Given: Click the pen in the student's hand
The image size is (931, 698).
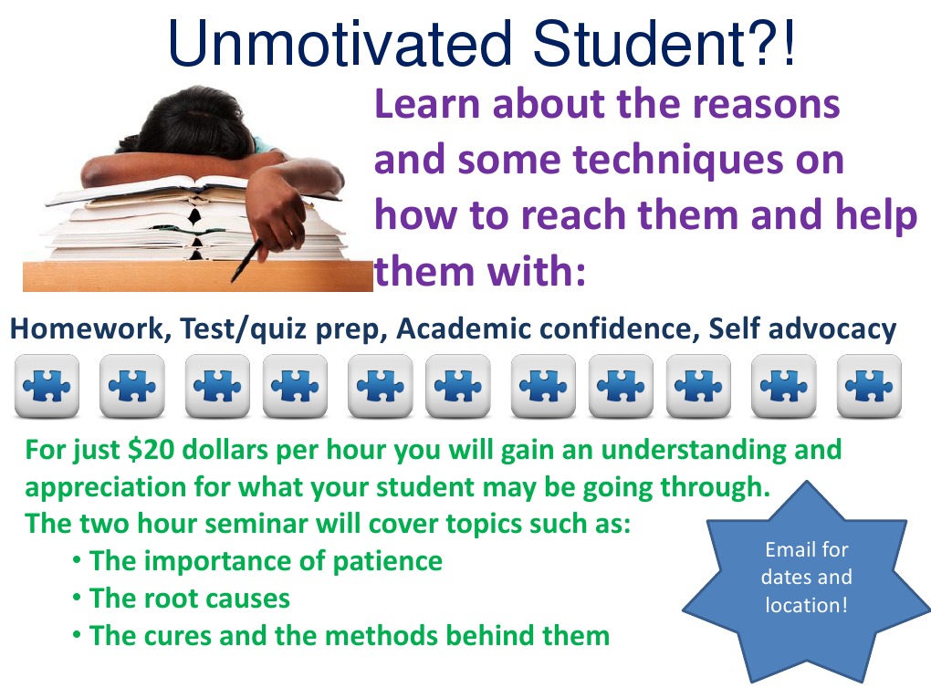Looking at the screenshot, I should [x=248, y=259].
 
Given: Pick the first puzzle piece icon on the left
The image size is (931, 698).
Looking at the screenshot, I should [x=47, y=386].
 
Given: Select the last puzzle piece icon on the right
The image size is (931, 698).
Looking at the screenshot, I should [x=869, y=386].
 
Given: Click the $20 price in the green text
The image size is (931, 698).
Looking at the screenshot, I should [x=145, y=450].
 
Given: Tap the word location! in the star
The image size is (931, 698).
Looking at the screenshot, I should [x=805, y=604].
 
